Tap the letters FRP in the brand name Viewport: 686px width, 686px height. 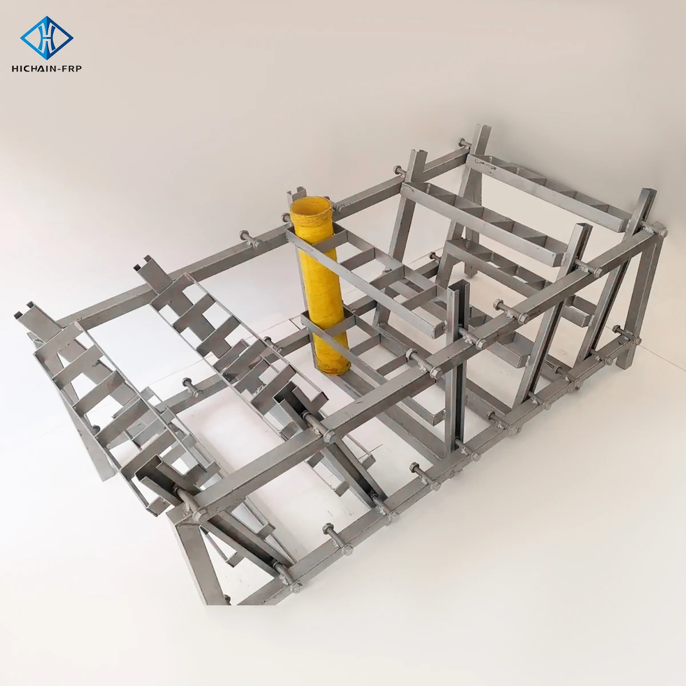pyautogui.click(x=71, y=69)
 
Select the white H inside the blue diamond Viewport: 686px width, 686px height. pyautogui.click(x=47, y=38)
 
